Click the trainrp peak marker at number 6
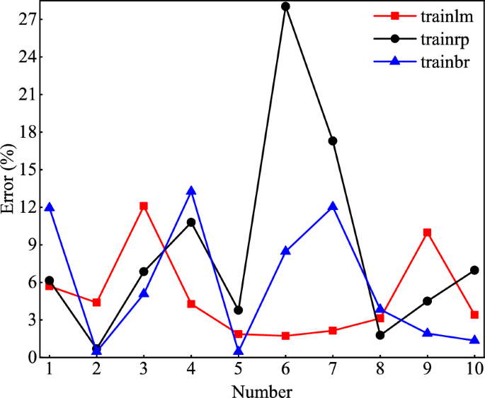click(x=285, y=6)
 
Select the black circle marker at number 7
click(x=333, y=141)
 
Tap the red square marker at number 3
click(x=144, y=206)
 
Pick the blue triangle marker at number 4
click(x=191, y=191)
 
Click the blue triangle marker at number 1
click(x=49, y=208)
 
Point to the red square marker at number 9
click(x=427, y=232)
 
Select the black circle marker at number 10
click(x=474, y=270)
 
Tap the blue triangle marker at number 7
click(x=333, y=206)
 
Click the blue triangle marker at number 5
click(x=239, y=351)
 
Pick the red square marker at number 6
click(x=285, y=336)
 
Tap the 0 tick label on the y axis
click(x=33, y=358)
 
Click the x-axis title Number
click(x=261, y=389)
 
